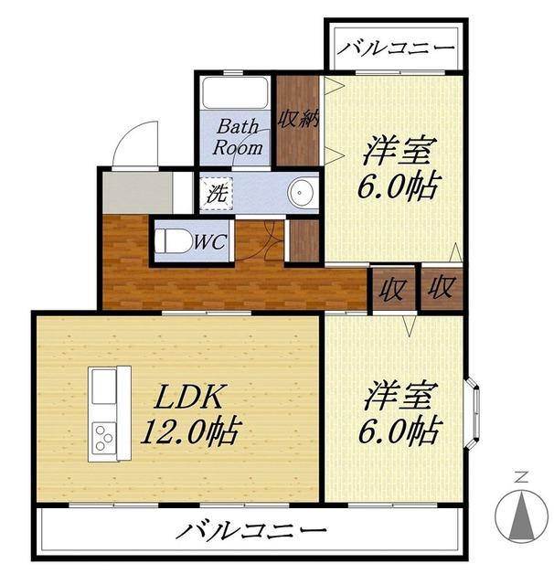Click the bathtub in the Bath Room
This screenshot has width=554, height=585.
coord(234,94)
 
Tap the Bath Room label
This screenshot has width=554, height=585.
coord(238,136)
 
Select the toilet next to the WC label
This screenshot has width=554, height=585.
coord(173,242)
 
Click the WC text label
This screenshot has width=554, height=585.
coord(209,243)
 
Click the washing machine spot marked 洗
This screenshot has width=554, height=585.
coord(217,194)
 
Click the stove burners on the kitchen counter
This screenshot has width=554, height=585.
coord(104,439)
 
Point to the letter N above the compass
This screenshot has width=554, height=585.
coord(520,476)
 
